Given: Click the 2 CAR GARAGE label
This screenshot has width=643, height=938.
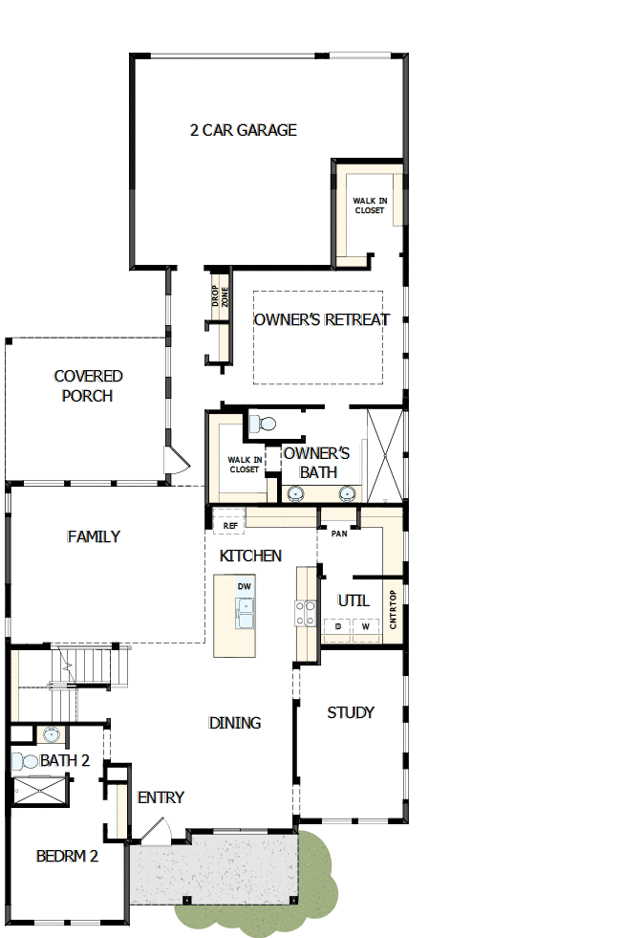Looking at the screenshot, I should (x=243, y=130).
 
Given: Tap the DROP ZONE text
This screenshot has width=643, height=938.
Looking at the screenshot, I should (x=220, y=297).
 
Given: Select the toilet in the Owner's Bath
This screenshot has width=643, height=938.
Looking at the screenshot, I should (x=261, y=423).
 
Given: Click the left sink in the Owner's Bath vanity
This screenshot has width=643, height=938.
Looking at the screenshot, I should (x=296, y=493).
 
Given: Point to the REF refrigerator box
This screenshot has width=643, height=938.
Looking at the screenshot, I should (x=229, y=525).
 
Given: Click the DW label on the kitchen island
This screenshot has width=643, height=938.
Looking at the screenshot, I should (x=244, y=585).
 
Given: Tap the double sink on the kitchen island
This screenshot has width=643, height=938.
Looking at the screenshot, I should (x=245, y=612).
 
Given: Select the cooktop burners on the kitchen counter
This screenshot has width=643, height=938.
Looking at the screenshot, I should (x=307, y=612).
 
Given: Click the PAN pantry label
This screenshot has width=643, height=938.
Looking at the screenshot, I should (x=338, y=534).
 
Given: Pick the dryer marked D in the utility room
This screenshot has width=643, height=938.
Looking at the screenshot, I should (x=337, y=627).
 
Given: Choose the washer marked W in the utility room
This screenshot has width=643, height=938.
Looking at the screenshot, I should (x=365, y=627).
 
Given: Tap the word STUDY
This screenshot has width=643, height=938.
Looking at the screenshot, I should (x=351, y=712).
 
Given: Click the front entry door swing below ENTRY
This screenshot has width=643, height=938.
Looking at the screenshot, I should (x=156, y=833).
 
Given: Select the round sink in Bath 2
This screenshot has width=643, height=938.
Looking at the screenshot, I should (x=51, y=735).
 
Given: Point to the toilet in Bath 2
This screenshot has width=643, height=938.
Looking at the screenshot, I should (x=24, y=761).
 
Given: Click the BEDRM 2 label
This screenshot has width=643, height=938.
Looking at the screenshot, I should (x=67, y=856).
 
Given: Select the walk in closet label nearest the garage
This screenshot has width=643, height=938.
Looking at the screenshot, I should (x=370, y=206).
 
